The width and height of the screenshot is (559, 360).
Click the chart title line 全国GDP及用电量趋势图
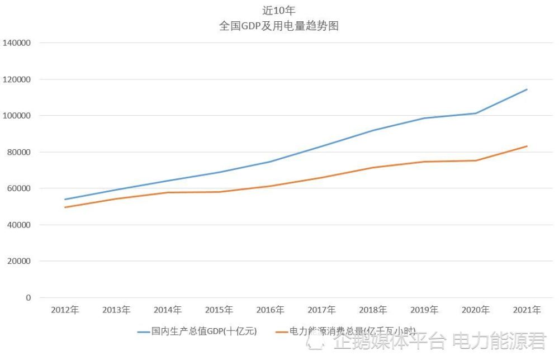click(279, 26)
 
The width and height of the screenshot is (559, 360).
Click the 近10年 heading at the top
click(279, 10)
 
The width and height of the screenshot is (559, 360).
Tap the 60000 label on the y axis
click(19, 188)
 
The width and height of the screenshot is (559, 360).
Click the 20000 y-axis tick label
click(19, 261)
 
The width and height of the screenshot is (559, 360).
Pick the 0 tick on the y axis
click(28, 297)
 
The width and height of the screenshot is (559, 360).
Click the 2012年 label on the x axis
click(65, 310)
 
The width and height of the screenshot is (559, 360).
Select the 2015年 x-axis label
click(219, 310)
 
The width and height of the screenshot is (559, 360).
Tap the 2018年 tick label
click(373, 310)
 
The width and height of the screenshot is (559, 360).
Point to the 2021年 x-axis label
click(527, 310)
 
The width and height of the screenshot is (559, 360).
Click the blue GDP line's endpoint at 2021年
click(527, 89)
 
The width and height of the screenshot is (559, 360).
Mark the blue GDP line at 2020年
click(476, 113)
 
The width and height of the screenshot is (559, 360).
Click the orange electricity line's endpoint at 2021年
click(527, 146)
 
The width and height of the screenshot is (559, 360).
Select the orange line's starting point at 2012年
click(65, 207)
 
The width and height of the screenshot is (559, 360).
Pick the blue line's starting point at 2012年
click(65, 200)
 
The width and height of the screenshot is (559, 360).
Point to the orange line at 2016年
click(270, 186)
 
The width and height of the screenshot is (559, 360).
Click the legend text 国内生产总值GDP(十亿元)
click(204, 331)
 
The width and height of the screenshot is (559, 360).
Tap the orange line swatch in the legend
click(282, 332)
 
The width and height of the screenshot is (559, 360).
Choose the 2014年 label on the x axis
click(168, 310)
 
